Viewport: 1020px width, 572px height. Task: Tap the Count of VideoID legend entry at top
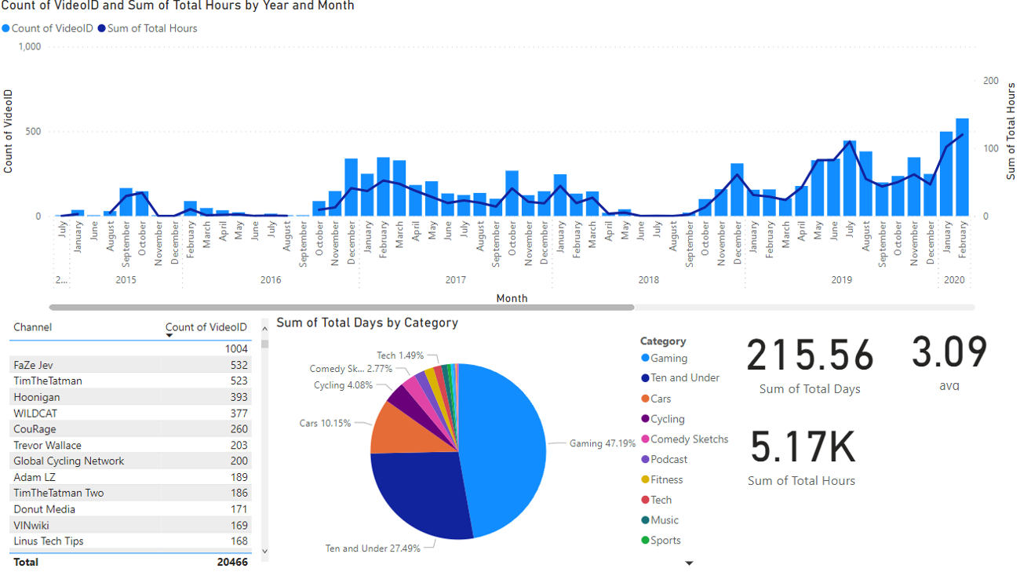click(x=53, y=28)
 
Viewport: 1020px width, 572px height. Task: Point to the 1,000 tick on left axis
click(x=28, y=47)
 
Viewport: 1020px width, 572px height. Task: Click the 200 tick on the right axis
click(x=991, y=81)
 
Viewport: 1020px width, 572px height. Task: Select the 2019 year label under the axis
click(x=841, y=280)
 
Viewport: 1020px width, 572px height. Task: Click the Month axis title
click(x=512, y=298)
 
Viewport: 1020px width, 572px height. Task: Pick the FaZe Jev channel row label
click(x=34, y=365)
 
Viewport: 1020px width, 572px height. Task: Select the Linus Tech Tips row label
click(x=49, y=541)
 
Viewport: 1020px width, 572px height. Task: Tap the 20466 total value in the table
click(x=232, y=562)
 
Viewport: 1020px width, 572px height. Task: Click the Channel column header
click(x=33, y=327)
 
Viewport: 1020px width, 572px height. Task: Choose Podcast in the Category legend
click(x=668, y=460)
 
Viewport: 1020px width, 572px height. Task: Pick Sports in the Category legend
click(x=665, y=541)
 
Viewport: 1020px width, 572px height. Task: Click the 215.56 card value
click(x=810, y=355)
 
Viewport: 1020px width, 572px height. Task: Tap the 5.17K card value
click(x=802, y=447)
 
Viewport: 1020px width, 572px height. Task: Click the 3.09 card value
click(x=949, y=352)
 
